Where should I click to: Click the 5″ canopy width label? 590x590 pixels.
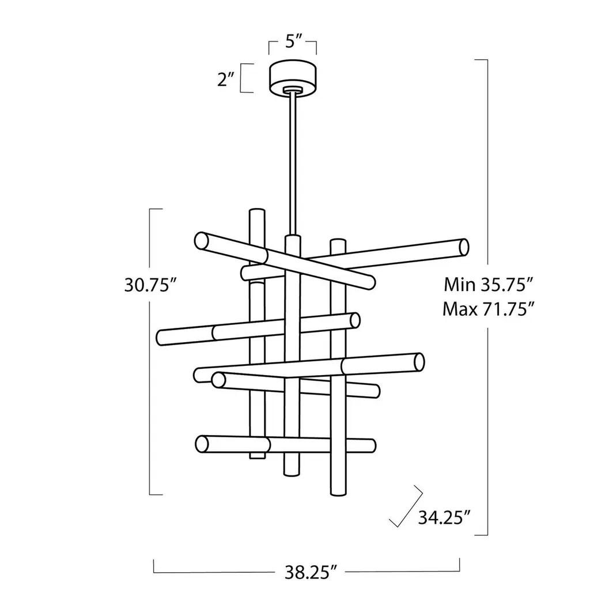[x=293, y=41]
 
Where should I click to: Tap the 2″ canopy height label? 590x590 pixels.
[x=226, y=79]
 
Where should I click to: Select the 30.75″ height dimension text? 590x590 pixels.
[x=151, y=285]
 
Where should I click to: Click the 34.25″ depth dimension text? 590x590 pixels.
[x=444, y=518]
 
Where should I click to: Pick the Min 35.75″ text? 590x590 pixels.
[x=489, y=285]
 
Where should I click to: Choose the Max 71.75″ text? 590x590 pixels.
[x=489, y=309]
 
